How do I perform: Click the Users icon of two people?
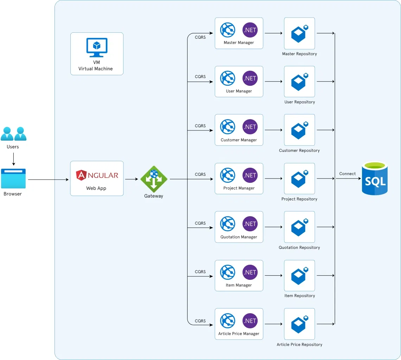[13, 134]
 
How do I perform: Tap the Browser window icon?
[13, 179]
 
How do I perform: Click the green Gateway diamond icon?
[154, 179]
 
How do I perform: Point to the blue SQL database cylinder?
[375, 178]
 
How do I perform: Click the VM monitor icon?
[97, 47]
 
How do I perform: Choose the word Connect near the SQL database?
[347, 174]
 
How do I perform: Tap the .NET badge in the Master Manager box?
[250, 30]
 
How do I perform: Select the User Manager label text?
[239, 91]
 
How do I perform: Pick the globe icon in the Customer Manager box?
[228, 127]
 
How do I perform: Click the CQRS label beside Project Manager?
[200, 174]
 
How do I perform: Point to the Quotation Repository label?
[299, 247]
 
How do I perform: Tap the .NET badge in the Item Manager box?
[250, 272]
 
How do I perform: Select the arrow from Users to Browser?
[13, 159]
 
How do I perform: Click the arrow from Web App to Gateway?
[132, 179]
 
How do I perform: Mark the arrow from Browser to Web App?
[48, 180]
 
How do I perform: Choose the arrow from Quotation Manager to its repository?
[273, 227]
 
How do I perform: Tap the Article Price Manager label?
[239, 334]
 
